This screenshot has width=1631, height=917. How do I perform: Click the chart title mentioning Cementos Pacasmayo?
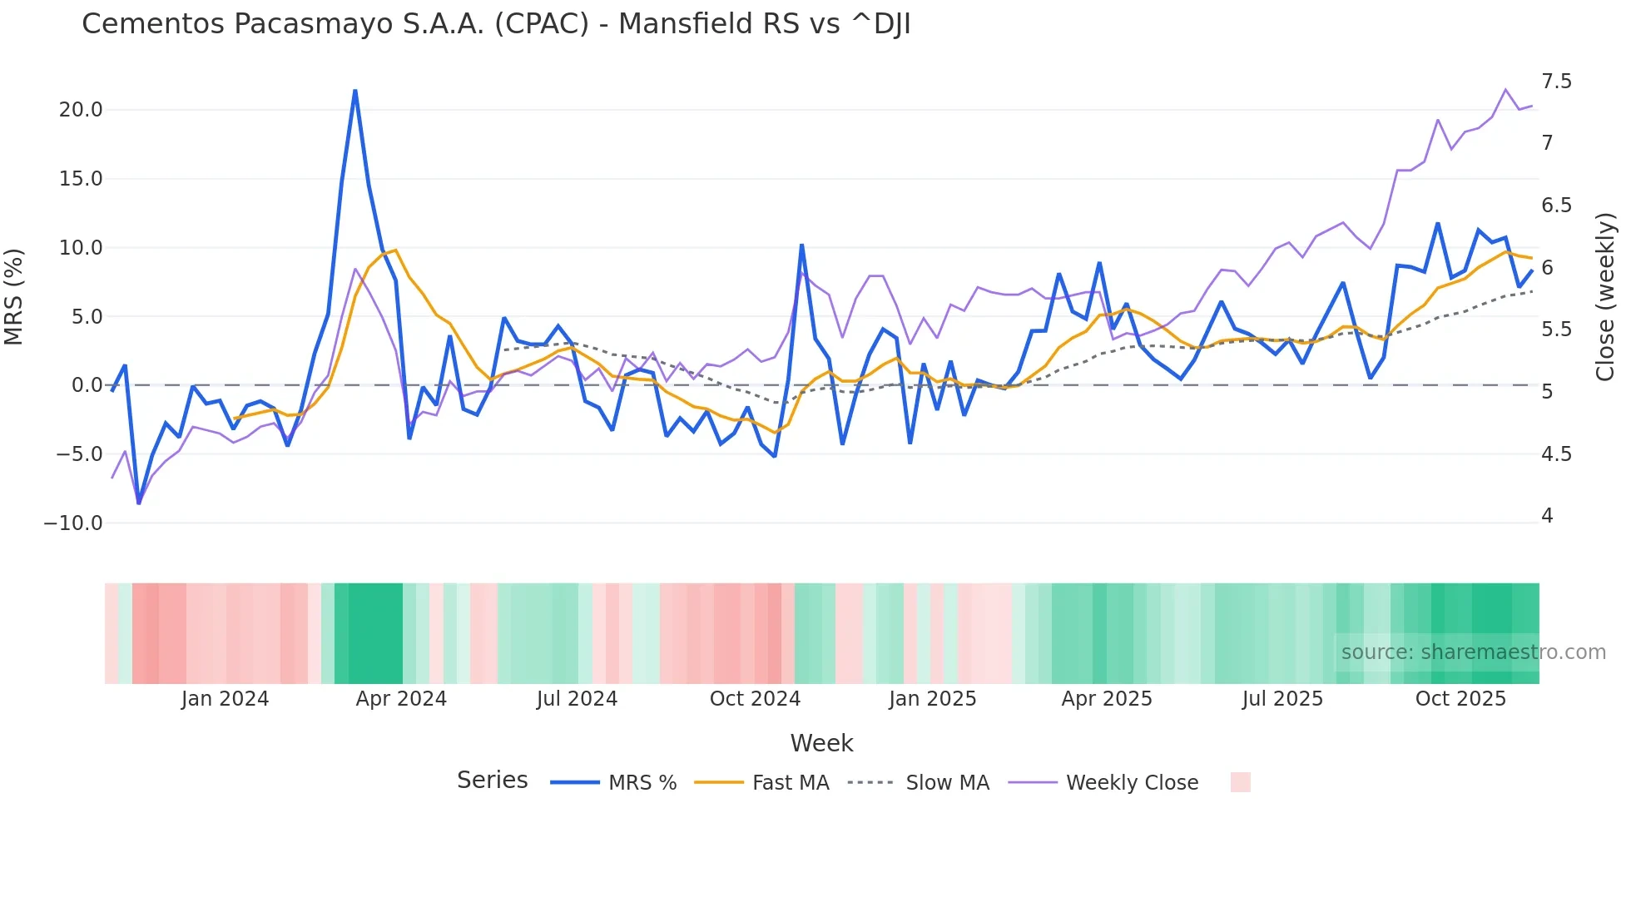point(496,24)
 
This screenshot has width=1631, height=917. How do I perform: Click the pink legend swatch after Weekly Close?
point(1240,782)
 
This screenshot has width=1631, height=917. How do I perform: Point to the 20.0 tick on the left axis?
point(81,110)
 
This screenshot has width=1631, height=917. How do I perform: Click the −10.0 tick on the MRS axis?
point(73,523)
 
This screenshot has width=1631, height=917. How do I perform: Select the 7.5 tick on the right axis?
point(1556,82)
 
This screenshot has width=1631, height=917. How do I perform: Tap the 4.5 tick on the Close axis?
point(1556,454)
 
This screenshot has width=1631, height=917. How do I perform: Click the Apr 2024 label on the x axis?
point(401,699)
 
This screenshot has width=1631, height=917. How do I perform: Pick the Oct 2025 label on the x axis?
point(1460,699)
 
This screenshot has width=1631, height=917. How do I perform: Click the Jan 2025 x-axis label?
point(932,699)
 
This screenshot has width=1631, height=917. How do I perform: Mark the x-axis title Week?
point(821,743)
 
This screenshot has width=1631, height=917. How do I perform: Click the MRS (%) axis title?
point(14,297)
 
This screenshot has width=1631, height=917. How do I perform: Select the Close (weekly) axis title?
point(1605,297)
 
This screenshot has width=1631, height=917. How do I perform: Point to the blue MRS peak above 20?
point(355,91)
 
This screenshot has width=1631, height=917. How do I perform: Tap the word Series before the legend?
point(492,781)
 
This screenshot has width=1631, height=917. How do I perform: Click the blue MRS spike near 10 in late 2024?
point(801,245)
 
